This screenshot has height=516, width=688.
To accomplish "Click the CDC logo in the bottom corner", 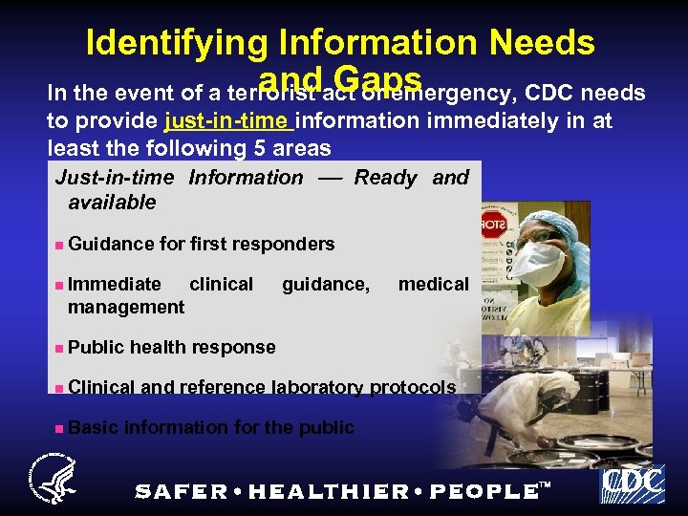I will coord(632,483).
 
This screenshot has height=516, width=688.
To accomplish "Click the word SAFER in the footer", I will coord(182,491).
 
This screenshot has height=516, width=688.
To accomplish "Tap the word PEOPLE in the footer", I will coord(484,491).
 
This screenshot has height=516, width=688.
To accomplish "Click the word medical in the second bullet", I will coord(433,284).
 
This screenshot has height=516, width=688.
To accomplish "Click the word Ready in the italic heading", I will coord(385,178).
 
